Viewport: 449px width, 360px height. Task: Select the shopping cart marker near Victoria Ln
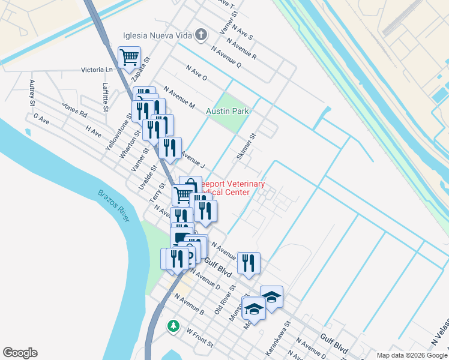pyautogui.click(x=130, y=58)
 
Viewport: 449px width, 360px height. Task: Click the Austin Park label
pyautogui.click(x=227, y=112)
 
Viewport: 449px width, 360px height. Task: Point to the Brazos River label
pyautogui.click(x=113, y=205)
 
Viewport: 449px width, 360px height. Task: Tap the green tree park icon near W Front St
pyautogui.click(x=173, y=326)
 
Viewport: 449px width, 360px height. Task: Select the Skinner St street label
pyautogui.click(x=246, y=146)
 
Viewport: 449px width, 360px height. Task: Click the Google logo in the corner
pyautogui.click(x=20, y=353)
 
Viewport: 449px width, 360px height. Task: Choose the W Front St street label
pyautogui.click(x=199, y=338)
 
